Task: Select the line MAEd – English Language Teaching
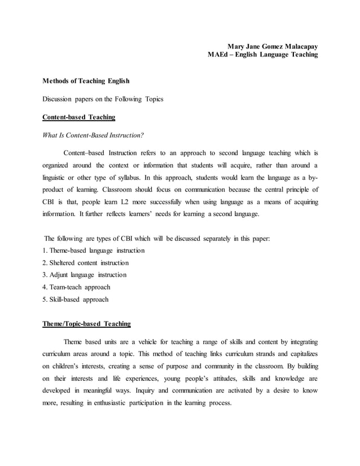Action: [262, 55]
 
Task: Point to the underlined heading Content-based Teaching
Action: [79, 117]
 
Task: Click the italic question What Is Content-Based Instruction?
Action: [94, 135]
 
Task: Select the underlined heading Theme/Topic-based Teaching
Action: [87, 324]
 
